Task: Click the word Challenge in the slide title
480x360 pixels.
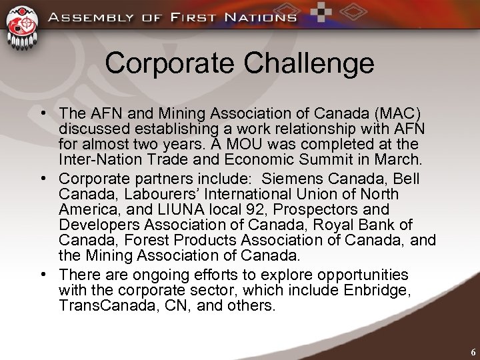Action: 311,64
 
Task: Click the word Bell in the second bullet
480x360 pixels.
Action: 407,178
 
